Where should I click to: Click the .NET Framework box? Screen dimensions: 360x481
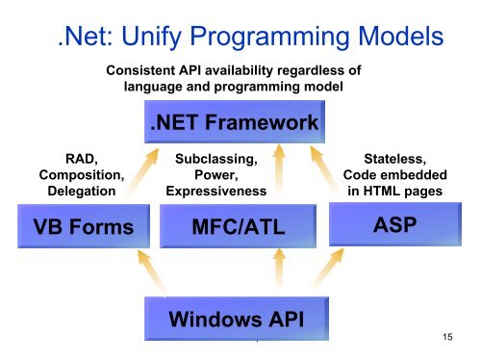click(x=235, y=125)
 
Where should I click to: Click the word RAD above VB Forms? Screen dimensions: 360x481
click(x=80, y=158)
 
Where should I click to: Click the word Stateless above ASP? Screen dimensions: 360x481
click(x=393, y=158)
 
